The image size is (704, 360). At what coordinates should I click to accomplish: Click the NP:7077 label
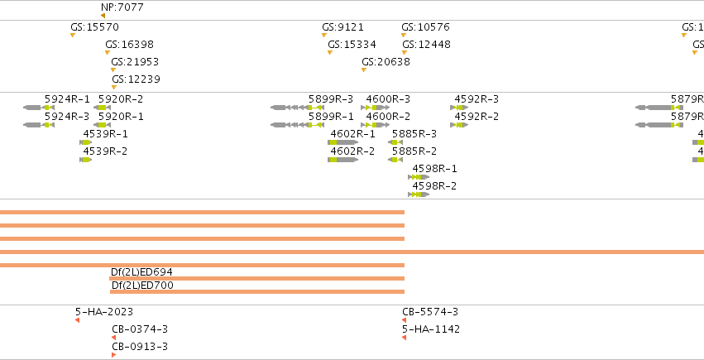[122, 7]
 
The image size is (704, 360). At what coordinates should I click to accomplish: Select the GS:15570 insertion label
[95, 27]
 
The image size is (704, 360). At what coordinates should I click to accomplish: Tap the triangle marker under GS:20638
[364, 70]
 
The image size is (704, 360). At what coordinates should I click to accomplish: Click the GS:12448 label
[427, 45]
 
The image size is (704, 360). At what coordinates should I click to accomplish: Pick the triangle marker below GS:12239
[114, 88]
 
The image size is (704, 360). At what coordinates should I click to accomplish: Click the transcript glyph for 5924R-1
[39, 108]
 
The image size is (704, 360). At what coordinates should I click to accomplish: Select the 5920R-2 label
[121, 99]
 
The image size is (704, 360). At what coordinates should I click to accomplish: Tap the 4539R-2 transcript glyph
[86, 160]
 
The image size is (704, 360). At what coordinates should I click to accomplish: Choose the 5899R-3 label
[331, 99]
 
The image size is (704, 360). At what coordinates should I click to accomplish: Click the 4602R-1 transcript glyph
[343, 142]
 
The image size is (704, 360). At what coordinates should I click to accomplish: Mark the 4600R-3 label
[388, 99]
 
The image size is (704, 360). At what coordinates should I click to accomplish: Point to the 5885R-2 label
[414, 151]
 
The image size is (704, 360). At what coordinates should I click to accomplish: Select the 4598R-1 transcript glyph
[419, 177]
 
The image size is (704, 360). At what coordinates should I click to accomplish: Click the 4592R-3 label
[477, 99]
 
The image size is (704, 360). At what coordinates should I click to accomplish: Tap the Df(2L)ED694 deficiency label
[141, 272]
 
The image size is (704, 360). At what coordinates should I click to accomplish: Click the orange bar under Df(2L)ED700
[257, 292]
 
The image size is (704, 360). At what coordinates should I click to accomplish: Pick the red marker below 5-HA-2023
[77, 320]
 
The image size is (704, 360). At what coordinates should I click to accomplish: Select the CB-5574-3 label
[430, 312]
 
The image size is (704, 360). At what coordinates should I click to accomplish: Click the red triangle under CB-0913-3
[114, 355]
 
